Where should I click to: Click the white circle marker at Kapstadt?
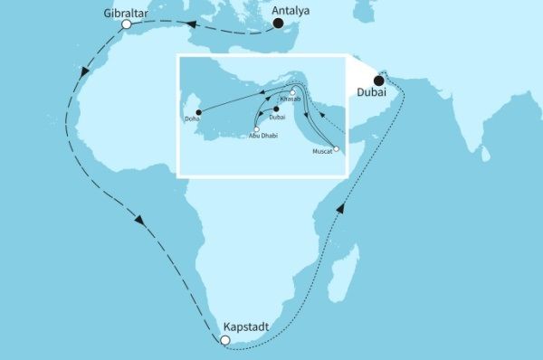[225, 341]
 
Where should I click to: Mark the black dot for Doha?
[197, 112]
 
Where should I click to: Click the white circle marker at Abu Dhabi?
[257, 129]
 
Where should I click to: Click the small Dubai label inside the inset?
[278, 117]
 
